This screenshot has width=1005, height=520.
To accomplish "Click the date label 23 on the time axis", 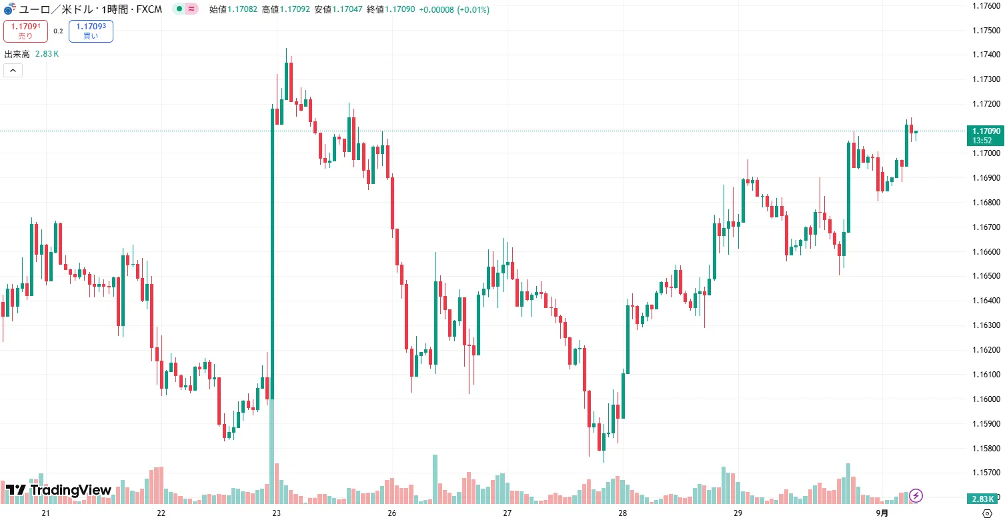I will pyautogui.click(x=276, y=513).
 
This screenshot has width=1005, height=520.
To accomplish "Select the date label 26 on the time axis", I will pyautogui.click(x=391, y=513).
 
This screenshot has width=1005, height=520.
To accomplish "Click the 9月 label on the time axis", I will pyautogui.click(x=882, y=513).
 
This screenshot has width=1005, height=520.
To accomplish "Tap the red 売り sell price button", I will pyautogui.click(x=25, y=31).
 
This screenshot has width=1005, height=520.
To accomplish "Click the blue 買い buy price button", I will pyautogui.click(x=90, y=31).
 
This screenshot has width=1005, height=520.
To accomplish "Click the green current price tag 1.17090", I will pyautogui.click(x=985, y=131).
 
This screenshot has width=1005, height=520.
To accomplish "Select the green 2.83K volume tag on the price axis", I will pyautogui.click(x=984, y=499).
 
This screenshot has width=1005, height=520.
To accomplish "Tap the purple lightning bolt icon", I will pyautogui.click(x=916, y=495).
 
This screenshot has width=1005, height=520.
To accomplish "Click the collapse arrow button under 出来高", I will pyautogui.click(x=13, y=70).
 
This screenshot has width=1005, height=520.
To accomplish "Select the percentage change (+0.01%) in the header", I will pyautogui.click(x=473, y=10).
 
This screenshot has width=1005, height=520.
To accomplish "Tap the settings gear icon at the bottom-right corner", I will pyautogui.click(x=987, y=513).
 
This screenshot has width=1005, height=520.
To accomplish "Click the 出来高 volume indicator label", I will pyautogui.click(x=17, y=54).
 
